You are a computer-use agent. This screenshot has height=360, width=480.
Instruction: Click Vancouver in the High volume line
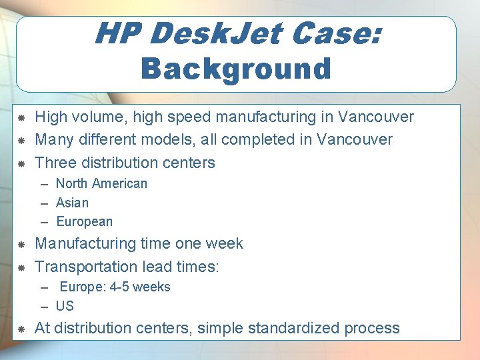point(375,117)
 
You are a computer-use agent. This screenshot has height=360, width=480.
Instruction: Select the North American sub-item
point(101,183)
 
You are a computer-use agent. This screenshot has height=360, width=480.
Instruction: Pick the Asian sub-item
point(72,203)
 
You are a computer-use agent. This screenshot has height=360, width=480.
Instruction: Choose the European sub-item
point(84,221)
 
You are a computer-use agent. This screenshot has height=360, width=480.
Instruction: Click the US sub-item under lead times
point(65,307)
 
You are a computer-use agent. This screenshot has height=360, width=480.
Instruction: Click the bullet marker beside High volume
point(21,118)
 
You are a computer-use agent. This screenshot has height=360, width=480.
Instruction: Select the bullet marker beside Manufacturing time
point(21,245)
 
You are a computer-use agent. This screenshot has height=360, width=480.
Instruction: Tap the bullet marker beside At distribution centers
point(21,329)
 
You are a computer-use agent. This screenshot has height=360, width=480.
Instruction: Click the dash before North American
point(44,184)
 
